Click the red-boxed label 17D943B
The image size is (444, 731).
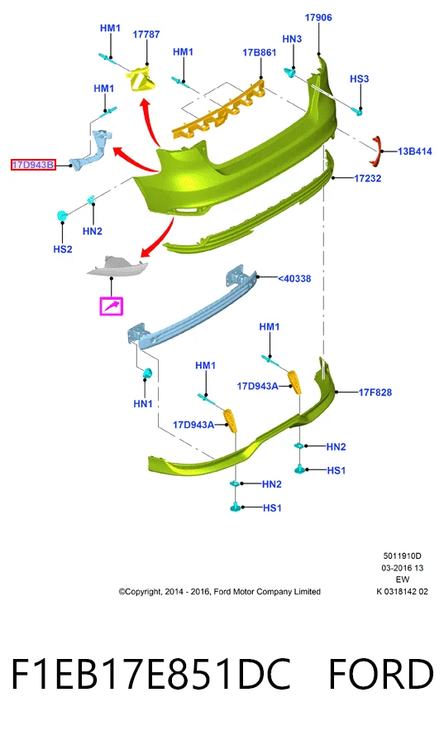point(33,165)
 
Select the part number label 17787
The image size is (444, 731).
point(146,34)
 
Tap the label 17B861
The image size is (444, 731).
point(260,52)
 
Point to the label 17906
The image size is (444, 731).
point(318,17)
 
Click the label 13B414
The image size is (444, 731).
point(415,151)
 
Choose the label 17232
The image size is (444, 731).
point(368,178)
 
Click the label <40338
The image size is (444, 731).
point(294,278)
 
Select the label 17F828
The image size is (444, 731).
point(375,392)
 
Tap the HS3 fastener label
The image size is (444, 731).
point(360,79)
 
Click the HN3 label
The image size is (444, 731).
point(292,39)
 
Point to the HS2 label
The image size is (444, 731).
point(63,249)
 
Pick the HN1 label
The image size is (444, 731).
point(143,403)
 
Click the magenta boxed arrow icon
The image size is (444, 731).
point(112,306)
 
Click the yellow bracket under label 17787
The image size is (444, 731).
point(142,79)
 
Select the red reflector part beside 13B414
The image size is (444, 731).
point(375,151)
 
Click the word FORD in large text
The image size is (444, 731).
point(380,674)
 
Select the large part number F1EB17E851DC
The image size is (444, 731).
point(150,674)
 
